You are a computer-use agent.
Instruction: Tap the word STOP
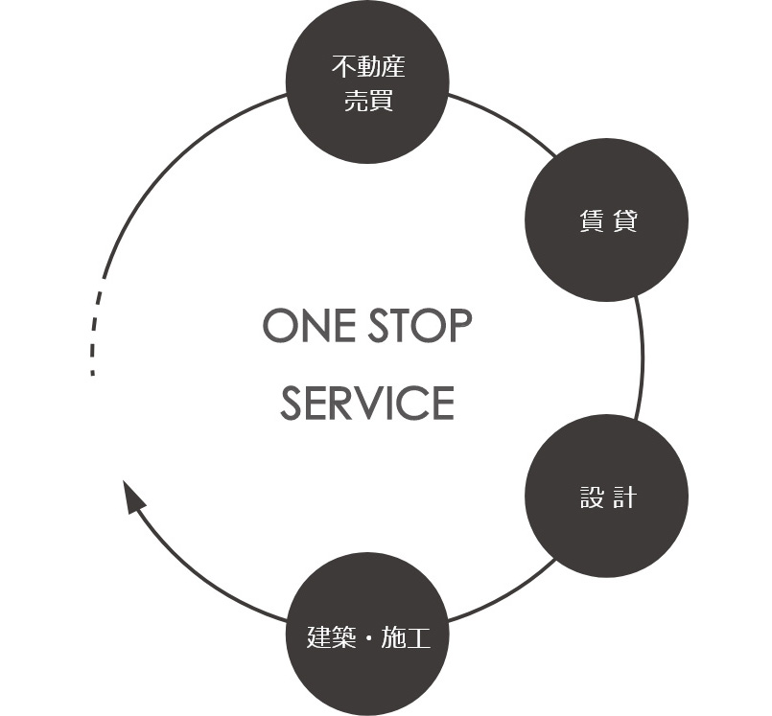pyautogui.click(x=421, y=327)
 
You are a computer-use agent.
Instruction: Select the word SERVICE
pyautogui.click(x=367, y=404)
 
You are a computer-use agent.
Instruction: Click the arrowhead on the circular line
pyautogui.click(x=133, y=497)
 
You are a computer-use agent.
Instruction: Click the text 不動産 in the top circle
pyautogui.click(x=367, y=68)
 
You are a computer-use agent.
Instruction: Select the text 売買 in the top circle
pyautogui.click(x=367, y=100)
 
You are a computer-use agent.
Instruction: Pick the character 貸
pyautogui.click(x=623, y=221)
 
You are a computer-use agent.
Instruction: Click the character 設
pyautogui.click(x=591, y=497)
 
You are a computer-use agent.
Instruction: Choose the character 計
pyautogui.click(x=623, y=497)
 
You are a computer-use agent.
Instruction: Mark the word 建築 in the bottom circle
pyautogui.click(x=330, y=635)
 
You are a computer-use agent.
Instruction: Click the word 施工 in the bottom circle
pyautogui.click(x=406, y=635)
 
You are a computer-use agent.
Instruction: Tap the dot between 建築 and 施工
pyautogui.click(x=367, y=635)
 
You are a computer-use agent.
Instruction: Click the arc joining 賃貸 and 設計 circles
pyautogui.click(x=641, y=359)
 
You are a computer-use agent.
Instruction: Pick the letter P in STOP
pyautogui.click(x=459, y=327)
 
